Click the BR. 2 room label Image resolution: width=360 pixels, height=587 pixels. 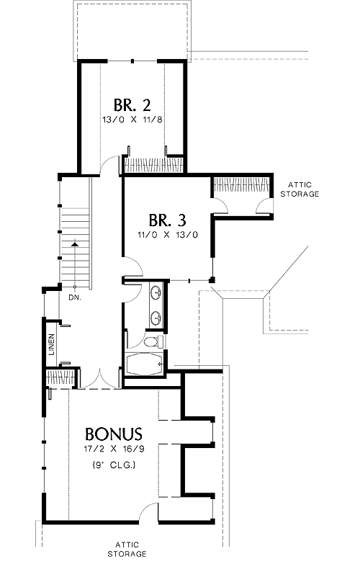pos(132,105)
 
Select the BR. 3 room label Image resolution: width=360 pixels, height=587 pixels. pos(167,220)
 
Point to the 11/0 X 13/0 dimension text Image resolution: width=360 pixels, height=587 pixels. pos(168,235)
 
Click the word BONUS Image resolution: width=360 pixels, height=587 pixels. pos(114,434)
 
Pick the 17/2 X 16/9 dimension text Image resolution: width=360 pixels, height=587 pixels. pos(114,449)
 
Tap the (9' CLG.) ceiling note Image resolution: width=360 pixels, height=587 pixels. pos(114,465)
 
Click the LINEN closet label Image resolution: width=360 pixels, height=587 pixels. pos(51,344)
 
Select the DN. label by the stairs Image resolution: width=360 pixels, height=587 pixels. pos(74,298)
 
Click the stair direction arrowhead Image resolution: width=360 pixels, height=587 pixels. pos(75,243)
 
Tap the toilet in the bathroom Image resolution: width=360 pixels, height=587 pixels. pos(154,342)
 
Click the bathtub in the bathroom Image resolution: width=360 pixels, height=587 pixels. pos(145,364)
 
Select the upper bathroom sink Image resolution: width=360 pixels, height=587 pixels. pos(156,292)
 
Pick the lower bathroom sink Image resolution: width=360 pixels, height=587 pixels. pos(156,318)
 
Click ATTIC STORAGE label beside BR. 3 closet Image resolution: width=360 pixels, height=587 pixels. pos(300,189)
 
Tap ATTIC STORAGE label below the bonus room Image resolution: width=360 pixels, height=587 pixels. pos(127,550)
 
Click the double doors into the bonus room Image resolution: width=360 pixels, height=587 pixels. pos(100,378)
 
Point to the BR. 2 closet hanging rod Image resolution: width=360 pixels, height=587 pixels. pos(154,164)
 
